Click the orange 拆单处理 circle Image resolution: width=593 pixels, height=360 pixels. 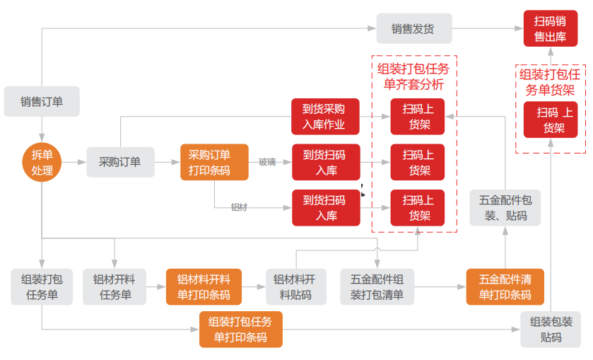coord(42,162)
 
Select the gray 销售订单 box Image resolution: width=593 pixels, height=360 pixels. coord(42,101)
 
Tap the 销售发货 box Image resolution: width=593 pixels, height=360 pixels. coord(413,29)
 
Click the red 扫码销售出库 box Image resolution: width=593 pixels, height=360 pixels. coord(550,29)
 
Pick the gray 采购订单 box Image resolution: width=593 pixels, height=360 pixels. coord(119,162)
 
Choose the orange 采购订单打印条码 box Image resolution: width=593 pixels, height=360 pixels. coord(214,162)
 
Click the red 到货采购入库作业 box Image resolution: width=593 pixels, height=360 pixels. coord(325,117)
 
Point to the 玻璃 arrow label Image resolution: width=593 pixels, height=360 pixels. coord(267,162)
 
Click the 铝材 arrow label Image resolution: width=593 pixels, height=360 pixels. coord(240,207)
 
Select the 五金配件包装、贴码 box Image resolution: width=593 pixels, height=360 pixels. coord(505,207)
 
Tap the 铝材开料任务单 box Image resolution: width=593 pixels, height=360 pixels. coord(115,286)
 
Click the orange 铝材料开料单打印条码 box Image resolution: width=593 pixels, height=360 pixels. coord(204,286)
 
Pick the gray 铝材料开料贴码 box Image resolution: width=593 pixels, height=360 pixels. coord(295,286)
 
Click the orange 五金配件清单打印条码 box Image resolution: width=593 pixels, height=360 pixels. coord(505,286)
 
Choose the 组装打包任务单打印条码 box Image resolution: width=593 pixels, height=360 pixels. coord(241,329)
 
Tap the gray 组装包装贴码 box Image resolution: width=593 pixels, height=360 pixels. coord(551,329)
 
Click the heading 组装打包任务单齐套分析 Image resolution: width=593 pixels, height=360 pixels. coord(413,76)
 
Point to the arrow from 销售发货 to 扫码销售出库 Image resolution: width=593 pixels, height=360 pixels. coord(488,29)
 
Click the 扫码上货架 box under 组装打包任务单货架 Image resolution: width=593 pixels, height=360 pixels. coord(551,120)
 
